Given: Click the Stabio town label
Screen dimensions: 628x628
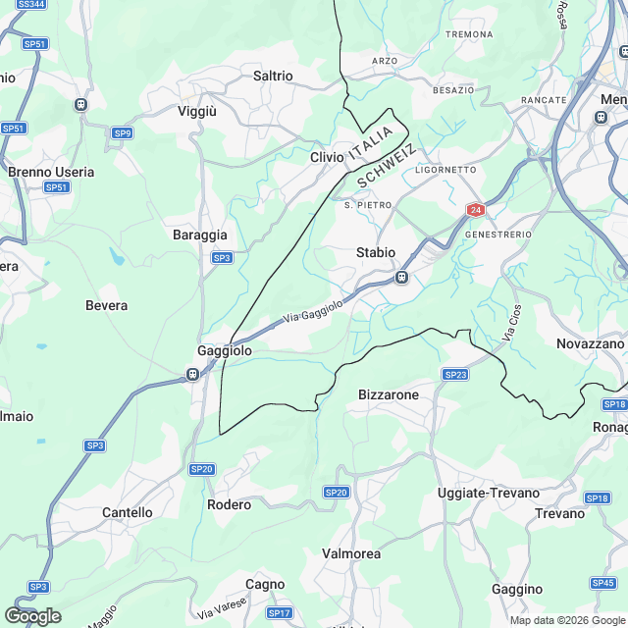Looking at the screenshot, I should (x=376, y=252).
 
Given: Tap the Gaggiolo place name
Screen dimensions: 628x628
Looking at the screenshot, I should (x=225, y=350).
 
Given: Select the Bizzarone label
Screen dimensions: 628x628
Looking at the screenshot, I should (x=389, y=394).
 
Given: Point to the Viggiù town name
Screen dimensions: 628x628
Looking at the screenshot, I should (x=197, y=112).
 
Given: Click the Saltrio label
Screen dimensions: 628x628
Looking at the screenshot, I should (x=273, y=76).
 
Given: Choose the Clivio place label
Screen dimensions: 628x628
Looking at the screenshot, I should (x=327, y=157).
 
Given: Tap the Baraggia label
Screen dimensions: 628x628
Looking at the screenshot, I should (x=200, y=235).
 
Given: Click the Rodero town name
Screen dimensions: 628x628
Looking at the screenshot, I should (x=229, y=504).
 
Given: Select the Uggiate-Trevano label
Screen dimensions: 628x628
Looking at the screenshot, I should (x=489, y=493).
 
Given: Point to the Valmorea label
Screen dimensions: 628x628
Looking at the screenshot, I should (x=351, y=554).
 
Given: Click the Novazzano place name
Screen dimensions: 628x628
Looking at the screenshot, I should (x=590, y=343).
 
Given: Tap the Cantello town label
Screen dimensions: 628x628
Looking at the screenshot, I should (x=128, y=512).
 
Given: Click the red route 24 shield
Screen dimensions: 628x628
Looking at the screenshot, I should (x=475, y=210).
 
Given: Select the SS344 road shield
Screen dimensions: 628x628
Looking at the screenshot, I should (x=31, y=5).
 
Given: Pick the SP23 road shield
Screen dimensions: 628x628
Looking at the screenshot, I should (x=454, y=375).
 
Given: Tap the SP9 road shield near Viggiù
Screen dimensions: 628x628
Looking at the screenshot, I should (x=122, y=132).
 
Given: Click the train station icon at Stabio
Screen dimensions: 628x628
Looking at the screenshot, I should (x=401, y=278).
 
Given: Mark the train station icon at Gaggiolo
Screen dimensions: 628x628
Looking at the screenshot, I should (x=193, y=374).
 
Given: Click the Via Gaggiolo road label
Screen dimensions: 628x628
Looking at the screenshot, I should (x=313, y=313).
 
